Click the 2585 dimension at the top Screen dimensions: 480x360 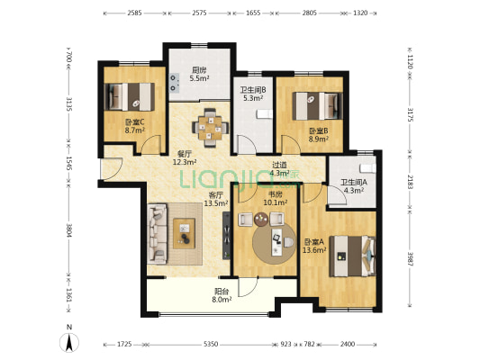[x=135, y=13]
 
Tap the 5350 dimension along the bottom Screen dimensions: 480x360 [x=211, y=345]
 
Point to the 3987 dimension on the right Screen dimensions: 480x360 [x=410, y=259]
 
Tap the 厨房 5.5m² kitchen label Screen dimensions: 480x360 [x=199, y=75]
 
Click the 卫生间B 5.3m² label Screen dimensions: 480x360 [x=253, y=94]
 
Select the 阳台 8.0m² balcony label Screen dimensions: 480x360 [x=222, y=295]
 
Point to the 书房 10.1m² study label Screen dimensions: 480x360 [x=276, y=198]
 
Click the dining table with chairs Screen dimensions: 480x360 [x=211, y=128]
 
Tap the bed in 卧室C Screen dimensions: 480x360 [x=129, y=96]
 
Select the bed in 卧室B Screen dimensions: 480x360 [x=317, y=106]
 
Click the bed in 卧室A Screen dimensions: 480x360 [x=353, y=256]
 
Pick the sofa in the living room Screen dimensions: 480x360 [x=158, y=234]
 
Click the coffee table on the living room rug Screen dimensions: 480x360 [x=185, y=233]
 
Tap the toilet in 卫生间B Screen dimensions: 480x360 [x=265, y=113]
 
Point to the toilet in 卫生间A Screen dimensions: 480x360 [x=367, y=168]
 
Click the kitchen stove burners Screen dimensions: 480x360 [x=174, y=83]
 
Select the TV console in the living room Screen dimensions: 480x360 [x=226, y=236]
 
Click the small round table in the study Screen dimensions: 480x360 [x=261, y=219]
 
